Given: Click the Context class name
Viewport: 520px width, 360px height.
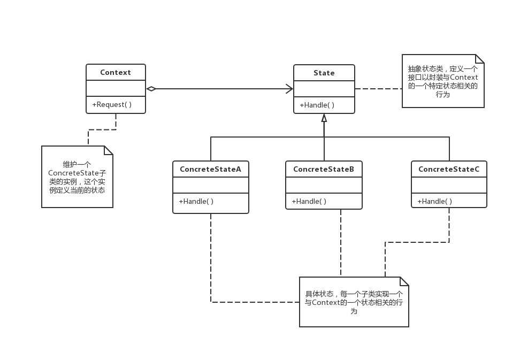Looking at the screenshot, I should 115,73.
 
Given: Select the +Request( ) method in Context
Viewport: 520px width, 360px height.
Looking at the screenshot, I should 112,105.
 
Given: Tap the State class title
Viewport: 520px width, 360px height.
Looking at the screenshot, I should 324,73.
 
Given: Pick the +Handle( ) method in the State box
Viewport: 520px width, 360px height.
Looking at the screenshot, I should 317,105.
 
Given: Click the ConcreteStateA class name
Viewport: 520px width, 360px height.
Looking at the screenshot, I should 210,169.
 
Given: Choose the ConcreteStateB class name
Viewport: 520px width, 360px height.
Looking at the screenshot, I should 324,169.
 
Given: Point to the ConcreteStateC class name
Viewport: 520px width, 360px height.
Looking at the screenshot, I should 449,169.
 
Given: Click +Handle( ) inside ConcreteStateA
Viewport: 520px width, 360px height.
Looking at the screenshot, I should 196,201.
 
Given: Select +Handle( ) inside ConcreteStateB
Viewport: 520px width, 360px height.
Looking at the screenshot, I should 309,201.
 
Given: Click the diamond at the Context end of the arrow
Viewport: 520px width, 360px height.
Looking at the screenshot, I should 151,89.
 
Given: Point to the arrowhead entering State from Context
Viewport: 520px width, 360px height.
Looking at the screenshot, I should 289,89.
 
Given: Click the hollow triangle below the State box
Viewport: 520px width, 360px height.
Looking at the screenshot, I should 324,118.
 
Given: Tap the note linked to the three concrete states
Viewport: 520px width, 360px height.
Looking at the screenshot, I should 354,302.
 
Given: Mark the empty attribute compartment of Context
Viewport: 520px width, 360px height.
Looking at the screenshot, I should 115,89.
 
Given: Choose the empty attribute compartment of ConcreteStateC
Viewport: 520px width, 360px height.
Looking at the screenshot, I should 449,185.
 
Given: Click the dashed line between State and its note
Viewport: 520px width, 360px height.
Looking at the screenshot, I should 378,89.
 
